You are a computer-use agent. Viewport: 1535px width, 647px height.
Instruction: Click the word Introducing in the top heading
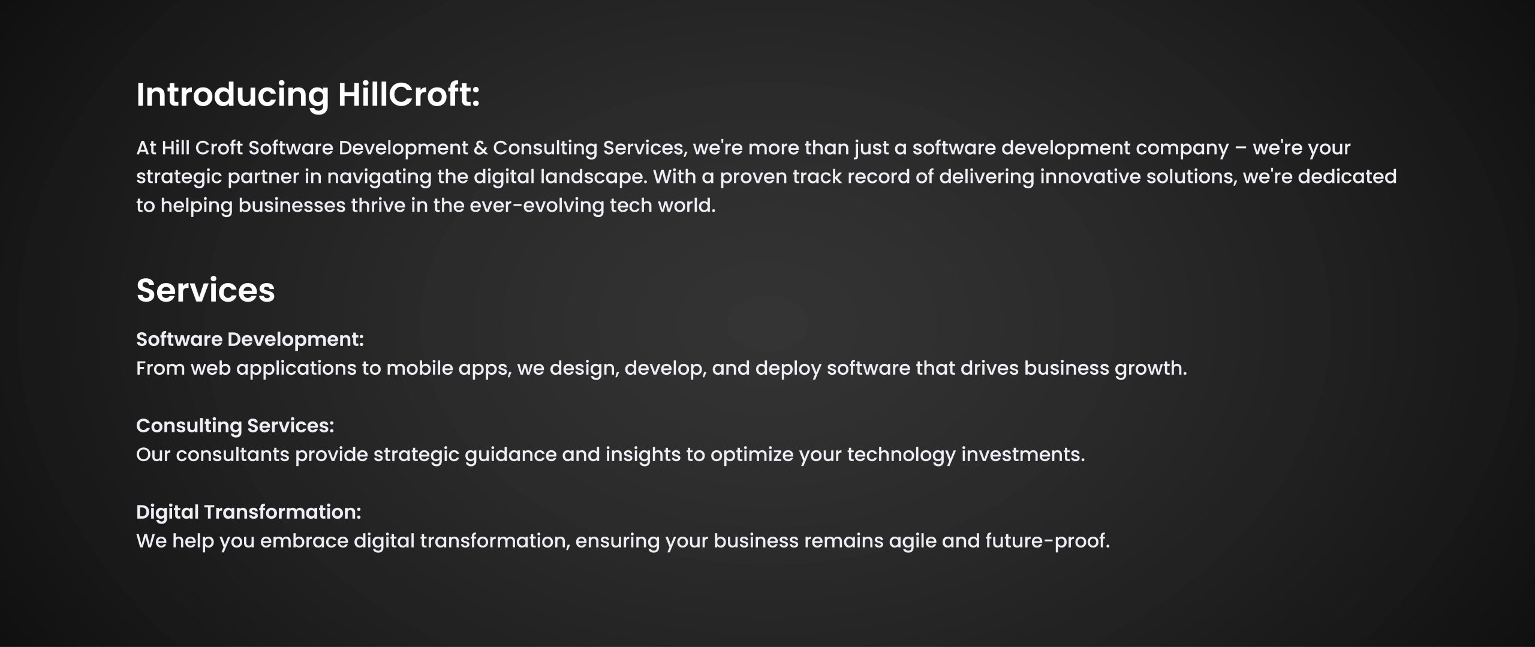[x=233, y=95]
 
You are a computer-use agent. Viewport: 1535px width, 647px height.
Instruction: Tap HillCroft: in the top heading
[x=409, y=95]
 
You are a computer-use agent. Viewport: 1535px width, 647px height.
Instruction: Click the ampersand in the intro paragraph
[x=480, y=148]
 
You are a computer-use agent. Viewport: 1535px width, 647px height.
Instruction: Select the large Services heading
[x=206, y=290]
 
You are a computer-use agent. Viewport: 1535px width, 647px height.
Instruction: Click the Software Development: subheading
[x=250, y=339]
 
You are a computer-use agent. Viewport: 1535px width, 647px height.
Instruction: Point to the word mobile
[x=420, y=368]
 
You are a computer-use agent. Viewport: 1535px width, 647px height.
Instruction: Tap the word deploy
[x=788, y=369]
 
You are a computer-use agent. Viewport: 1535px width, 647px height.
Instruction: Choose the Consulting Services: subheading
[x=235, y=426]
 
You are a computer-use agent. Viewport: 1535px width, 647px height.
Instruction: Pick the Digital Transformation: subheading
[x=249, y=512]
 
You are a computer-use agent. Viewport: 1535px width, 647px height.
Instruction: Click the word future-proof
[x=1048, y=541]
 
